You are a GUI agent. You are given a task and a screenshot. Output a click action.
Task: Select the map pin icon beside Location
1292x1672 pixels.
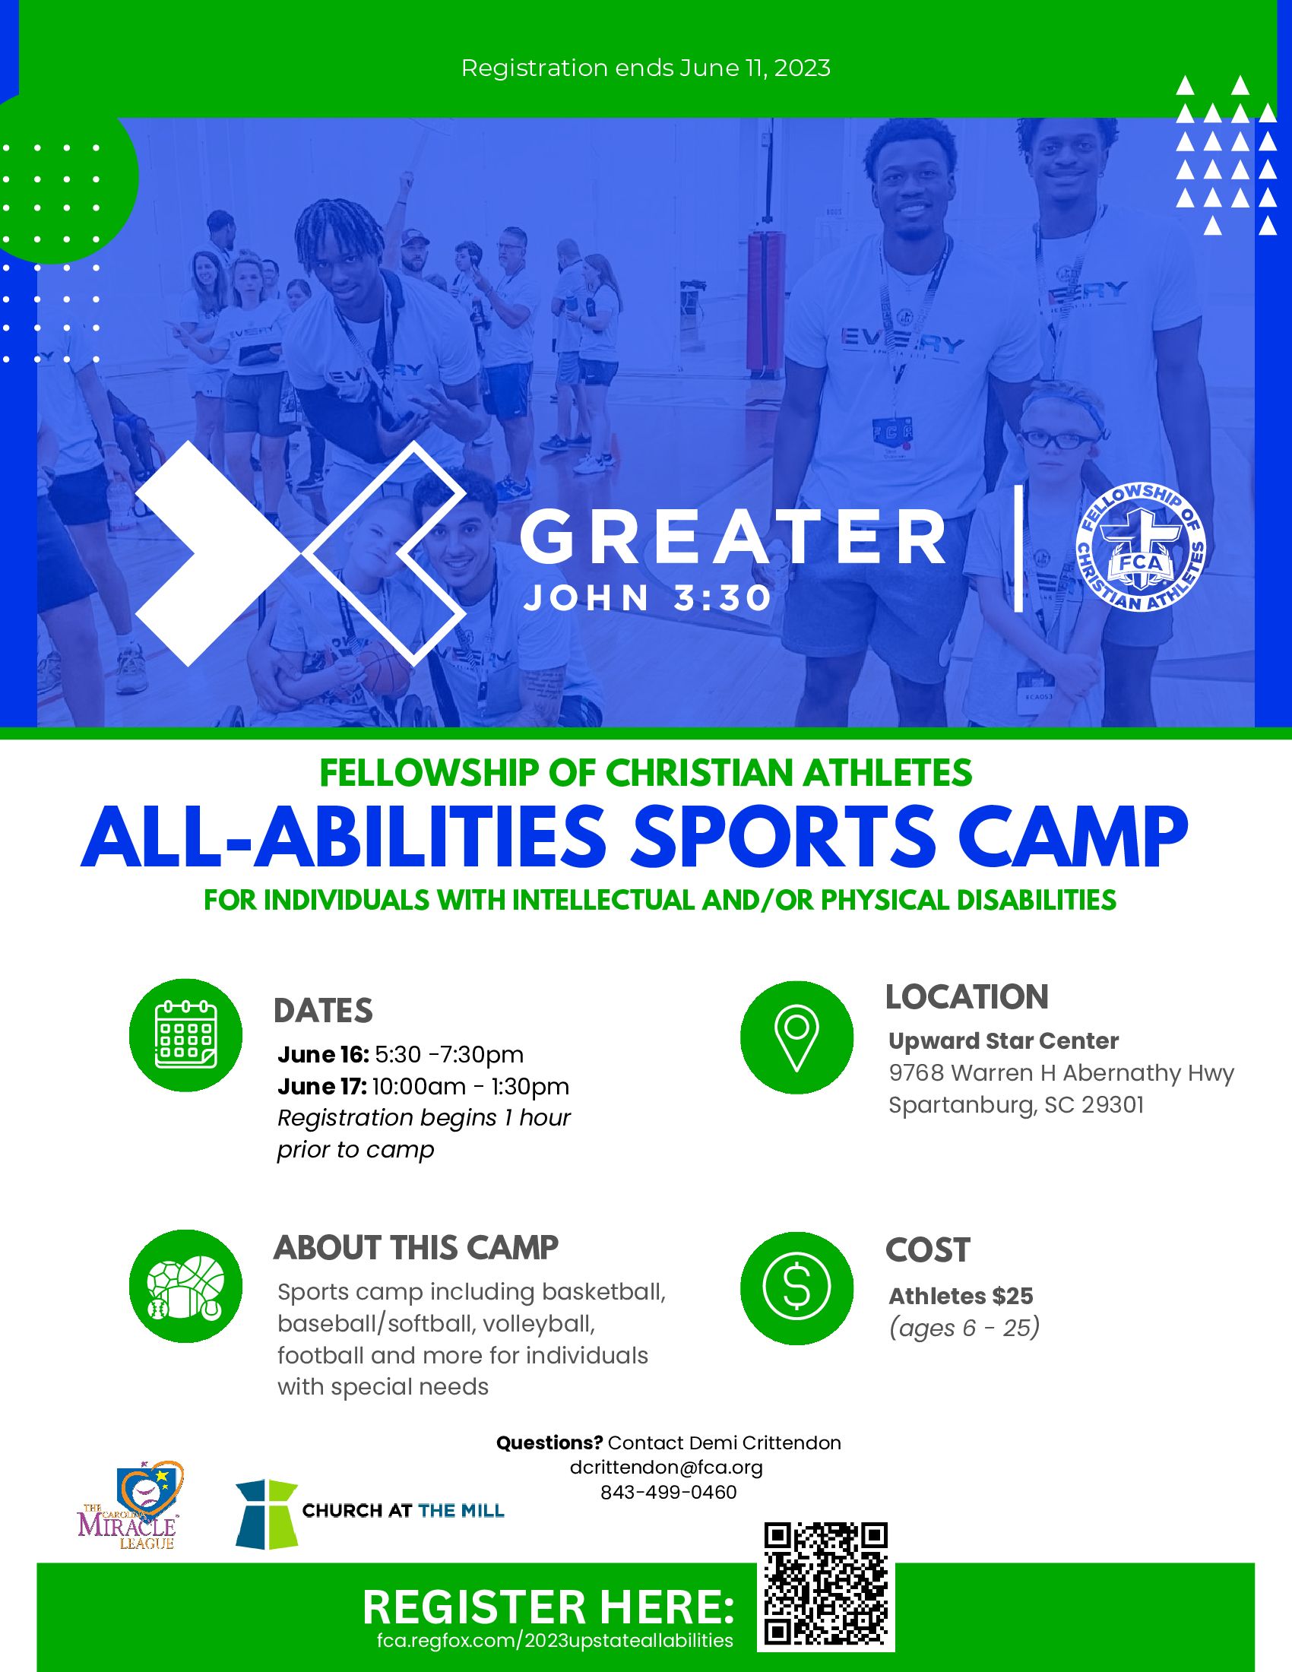pyautogui.click(x=796, y=1037)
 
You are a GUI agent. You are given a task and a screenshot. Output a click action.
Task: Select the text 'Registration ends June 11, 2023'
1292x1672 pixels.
pyautogui.click(x=646, y=68)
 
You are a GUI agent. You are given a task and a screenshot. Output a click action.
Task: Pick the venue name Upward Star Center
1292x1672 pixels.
pyautogui.click(x=1003, y=1041)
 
